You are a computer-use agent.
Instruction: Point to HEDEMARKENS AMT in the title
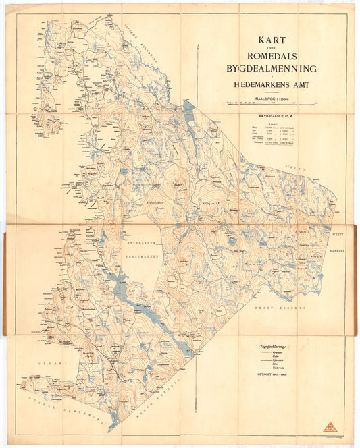[x=272, y=86]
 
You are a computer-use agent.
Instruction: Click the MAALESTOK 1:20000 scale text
[x=272, y=97]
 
